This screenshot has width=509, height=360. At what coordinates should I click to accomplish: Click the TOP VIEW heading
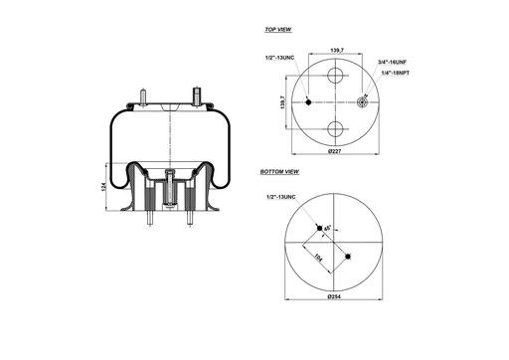click(277, 31)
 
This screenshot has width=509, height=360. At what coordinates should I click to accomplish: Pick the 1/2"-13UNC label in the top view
click(280, 59)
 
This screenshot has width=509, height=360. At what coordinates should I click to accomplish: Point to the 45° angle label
click(328, 232)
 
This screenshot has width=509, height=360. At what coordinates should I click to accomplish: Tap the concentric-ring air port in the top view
click(363, 102)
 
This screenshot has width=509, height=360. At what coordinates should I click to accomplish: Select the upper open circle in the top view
click(336, 76)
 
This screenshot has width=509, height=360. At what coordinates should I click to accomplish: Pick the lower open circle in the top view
click(336, 129)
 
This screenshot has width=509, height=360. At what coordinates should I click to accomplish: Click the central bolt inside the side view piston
click(171, 188)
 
